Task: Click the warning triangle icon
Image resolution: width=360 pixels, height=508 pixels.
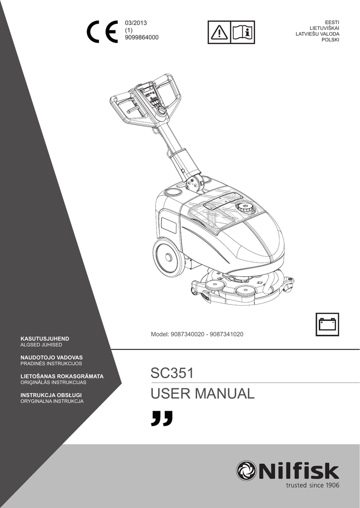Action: pos(219,32)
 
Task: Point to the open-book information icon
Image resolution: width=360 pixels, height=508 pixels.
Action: pos(243,32)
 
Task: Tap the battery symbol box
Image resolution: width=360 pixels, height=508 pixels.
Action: pos(327,324)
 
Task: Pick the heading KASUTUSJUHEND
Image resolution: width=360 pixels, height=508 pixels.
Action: pos(44,338)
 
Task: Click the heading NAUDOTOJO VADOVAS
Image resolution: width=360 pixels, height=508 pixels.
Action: pos(51,357)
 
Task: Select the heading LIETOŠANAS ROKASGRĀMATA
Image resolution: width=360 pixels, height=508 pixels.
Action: pos(62,376)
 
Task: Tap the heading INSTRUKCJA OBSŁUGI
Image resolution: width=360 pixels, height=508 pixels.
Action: pos(51,395)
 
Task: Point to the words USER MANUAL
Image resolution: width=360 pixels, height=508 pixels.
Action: pos(203,394)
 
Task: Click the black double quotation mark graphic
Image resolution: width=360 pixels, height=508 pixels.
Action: pos(162,418)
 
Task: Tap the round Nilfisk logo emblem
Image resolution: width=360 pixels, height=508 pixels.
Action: pos(246,471)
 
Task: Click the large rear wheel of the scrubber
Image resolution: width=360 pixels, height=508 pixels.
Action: pos(168,256)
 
